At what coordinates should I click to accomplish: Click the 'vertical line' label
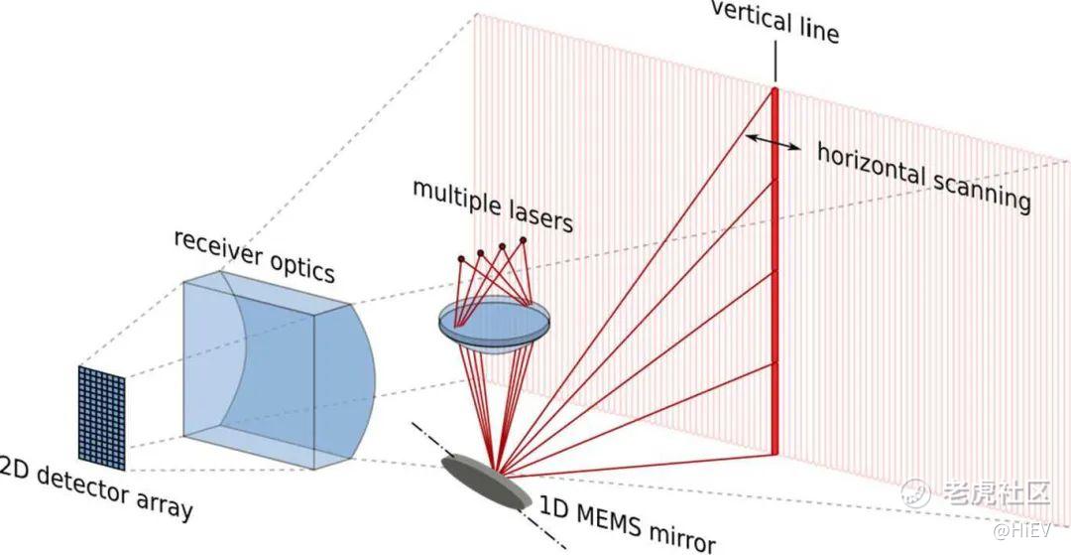pos(775,24)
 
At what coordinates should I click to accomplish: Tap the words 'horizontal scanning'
pos(923,176)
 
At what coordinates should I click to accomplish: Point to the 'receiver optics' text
pos(254,253)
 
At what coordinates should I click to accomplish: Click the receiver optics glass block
pos(268,372)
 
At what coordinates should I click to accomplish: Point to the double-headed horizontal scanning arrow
pos(774,143)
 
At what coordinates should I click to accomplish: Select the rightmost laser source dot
pos(523,239)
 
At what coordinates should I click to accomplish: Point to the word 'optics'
pos(299,264)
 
